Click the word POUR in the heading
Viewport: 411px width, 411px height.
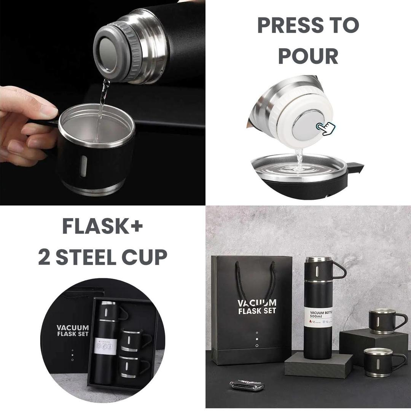[308, 56]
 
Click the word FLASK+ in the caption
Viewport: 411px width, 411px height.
[102, 227]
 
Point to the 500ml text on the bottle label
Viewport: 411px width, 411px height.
[318, 316]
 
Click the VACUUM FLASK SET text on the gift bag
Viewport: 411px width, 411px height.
[257, 307]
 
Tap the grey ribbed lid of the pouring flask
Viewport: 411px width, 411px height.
[118, 49]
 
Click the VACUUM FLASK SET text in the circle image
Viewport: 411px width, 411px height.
[72, 331]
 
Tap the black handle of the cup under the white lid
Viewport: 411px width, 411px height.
[356, 166]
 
